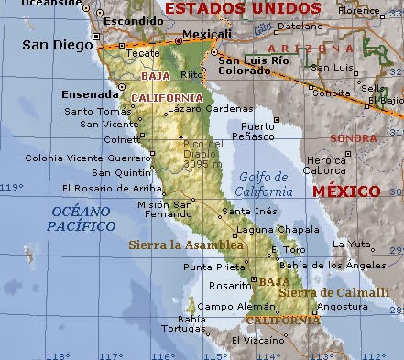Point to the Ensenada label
(89, 93)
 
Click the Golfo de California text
(264, 184)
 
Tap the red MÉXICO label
(345, 191)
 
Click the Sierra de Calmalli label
(318, 292)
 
